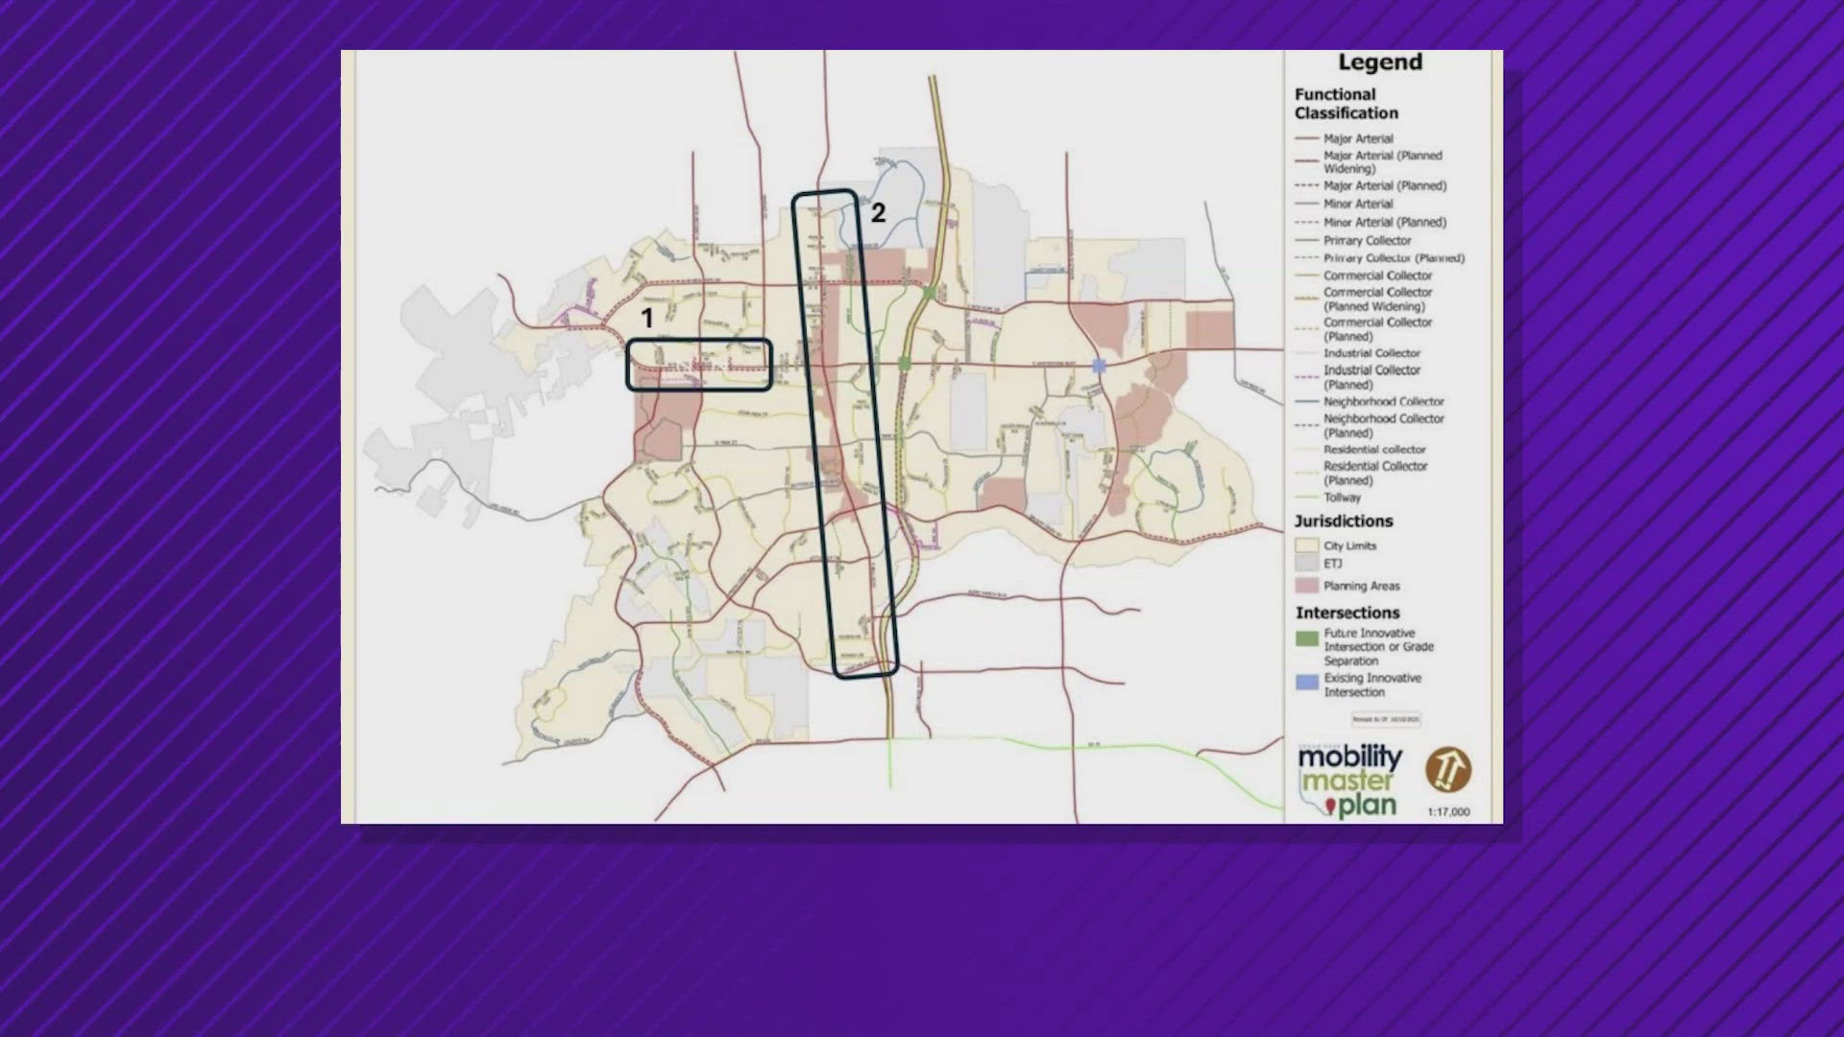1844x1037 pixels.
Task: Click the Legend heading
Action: pos(1380,62)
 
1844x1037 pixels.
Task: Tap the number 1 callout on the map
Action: pos(647,318)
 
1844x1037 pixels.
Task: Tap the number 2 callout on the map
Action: pos(878,213)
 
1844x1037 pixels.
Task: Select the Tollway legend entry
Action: pos(1342,497)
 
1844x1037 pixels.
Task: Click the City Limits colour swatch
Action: pos(1306,545)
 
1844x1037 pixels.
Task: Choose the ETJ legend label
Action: pos(1333,564)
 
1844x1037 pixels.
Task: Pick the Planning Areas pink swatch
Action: pos(1306,586)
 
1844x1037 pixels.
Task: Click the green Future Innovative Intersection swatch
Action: pos(1307,639)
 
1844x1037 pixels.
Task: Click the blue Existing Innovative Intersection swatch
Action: pos(1307,683)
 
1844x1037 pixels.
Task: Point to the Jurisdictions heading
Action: pos(1343,521)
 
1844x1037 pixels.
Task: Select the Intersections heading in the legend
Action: pos(1347,613)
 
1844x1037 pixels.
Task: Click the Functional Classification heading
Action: pos(1346,104)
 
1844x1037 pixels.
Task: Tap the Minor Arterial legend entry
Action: pos(1358,204)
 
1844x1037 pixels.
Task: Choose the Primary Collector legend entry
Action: pos(1368,240)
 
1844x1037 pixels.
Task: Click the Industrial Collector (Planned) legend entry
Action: pos(1371,376)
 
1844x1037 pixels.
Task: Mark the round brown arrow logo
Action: pos(1447,770)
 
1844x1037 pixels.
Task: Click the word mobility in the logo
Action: pos(1349,759)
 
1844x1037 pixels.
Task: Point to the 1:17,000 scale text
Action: pos(1448,812)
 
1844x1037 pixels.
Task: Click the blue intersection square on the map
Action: pos(1100,366)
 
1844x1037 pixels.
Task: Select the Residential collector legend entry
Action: pos(1374,449)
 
